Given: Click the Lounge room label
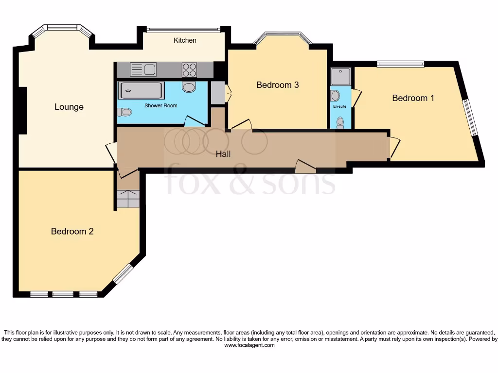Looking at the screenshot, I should click(x=69, y=107).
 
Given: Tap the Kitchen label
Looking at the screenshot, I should click(x=185, y=40).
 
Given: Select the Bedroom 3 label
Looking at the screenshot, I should click(x=277, y=85).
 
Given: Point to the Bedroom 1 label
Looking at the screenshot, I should click(x=413, y=98).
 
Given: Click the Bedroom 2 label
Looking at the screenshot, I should click(x=72, y=231).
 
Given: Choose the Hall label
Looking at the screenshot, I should click(x=223, y=154).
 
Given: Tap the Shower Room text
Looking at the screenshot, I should click(x=160, y=105).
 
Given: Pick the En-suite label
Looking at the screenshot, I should click(x=339, y=106).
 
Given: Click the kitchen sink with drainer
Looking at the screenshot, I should click(x=143, y=70).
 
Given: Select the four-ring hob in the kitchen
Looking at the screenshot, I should click(x=189, y=70).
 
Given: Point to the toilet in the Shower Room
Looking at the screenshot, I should click(x=124, y=112).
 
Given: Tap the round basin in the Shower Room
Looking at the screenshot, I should click(x=188, y=87).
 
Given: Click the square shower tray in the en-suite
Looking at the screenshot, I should click(x=340, y=77).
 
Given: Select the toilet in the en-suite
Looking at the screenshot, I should click(x=340, y=123).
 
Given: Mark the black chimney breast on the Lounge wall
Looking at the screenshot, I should click(x=22, y=111).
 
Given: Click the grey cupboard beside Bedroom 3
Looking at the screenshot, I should click(x=217, y=92).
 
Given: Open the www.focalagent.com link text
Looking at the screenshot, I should click(x=249, y=345).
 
